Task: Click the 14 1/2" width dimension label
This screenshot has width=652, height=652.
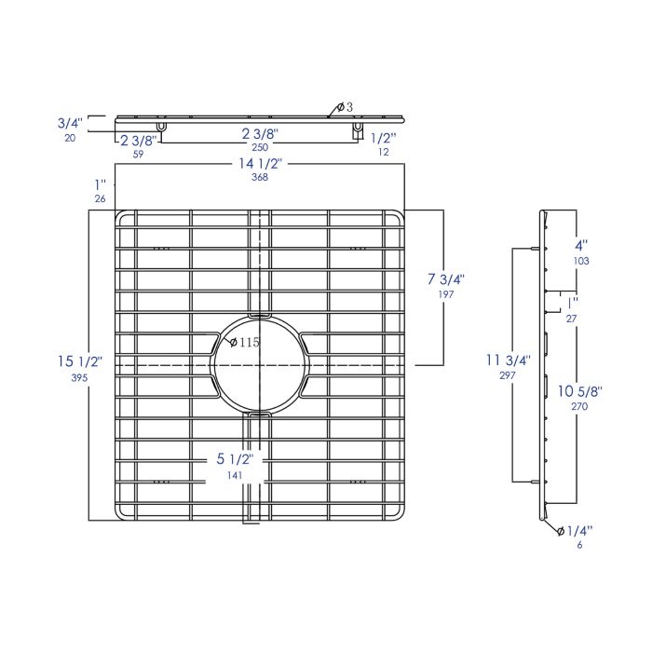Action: tap(260, 165)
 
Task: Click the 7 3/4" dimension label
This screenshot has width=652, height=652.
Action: tap(445, 278)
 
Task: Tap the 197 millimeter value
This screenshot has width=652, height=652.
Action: tap(445, 295)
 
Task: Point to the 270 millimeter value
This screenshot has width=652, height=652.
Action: tap(580, 407)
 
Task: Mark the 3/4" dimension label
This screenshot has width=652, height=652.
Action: tap(70, 122)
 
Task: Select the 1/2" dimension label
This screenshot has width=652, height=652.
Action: tap(383, 138)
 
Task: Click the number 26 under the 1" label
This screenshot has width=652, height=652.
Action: tap(100, 199)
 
